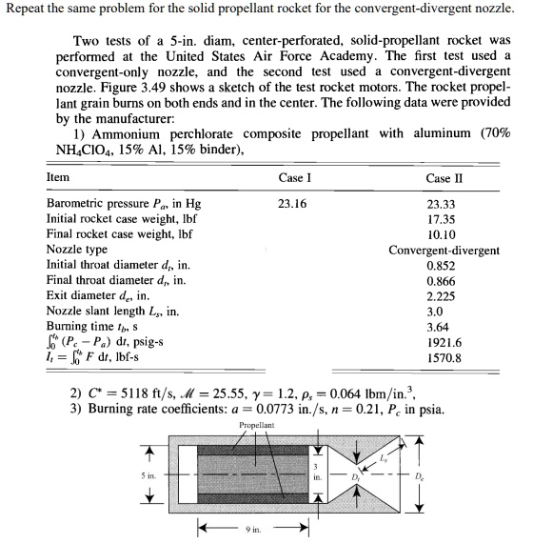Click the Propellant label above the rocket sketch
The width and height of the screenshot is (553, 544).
(257, 423)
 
